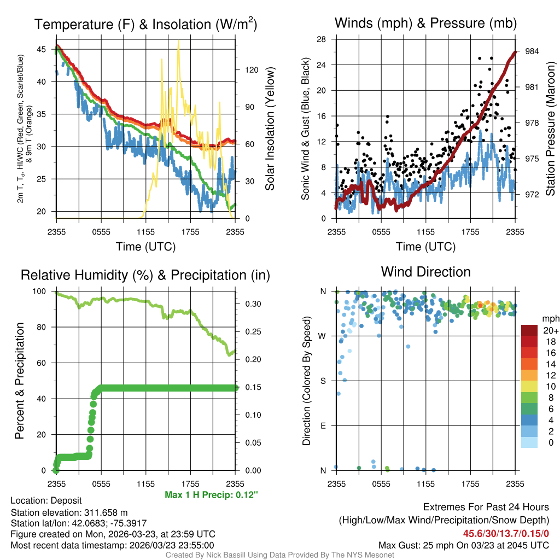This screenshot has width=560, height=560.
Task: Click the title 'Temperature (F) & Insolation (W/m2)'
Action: point(145,24)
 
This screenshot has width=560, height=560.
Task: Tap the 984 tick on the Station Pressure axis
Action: point(532,51)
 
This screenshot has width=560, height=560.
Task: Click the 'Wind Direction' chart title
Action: point(425,272)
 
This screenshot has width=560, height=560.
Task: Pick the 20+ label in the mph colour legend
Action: point(550,330)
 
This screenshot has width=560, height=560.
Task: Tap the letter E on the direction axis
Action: point(323,425)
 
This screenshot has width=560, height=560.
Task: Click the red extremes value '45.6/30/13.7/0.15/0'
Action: point(506,533)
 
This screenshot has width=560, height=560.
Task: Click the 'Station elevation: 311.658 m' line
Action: point(69,512)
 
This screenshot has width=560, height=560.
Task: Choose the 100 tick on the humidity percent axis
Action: point(42,291)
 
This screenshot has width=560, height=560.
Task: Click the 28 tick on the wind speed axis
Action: point(322,39)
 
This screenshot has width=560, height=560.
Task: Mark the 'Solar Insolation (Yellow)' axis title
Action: point(270,129)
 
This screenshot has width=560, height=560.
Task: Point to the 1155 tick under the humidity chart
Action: point(145,483)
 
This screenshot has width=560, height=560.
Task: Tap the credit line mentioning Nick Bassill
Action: point(280,555)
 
